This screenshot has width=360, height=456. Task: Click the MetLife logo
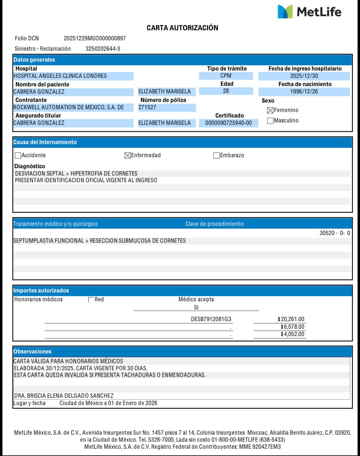click(309, 12)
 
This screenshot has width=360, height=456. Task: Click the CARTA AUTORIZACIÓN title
click(182, 28)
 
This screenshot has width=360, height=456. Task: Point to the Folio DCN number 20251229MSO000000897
click(95, 38)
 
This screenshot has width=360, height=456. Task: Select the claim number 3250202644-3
click(103, 49)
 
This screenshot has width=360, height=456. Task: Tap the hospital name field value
click(60, 76)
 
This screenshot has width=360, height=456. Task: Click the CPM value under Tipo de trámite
click(226, 76)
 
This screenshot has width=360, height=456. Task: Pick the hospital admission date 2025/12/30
click(304, 76)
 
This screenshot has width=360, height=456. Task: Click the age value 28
click(226, 91)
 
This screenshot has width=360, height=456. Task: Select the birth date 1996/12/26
click(304, 92)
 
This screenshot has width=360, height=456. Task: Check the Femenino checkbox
click(270, 110)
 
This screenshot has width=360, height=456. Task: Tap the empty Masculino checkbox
click(270, 121)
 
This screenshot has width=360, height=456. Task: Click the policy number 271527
click(147, 107)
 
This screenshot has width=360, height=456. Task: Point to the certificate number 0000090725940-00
click(228, 123)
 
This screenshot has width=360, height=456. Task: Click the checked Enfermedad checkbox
click(127, 156)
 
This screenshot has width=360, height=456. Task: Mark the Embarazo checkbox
click(216, 156)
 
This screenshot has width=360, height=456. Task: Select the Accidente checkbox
click(18, 156)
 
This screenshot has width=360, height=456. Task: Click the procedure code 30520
click(327, 233)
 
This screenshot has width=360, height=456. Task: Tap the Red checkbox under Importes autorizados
click(91, 300)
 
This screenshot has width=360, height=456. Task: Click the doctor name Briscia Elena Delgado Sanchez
click(64, 396)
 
